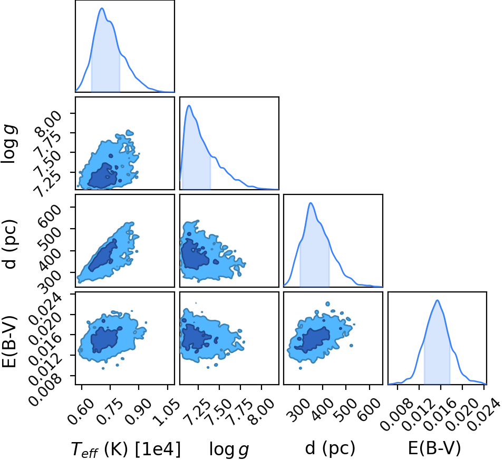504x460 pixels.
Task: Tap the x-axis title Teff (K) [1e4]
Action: click(x=125, y=448)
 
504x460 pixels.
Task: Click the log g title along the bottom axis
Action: click(x=229, y=449)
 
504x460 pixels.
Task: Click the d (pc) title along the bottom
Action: click(x=330, y=447)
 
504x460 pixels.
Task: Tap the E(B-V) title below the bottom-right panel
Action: click(x=434, y=447)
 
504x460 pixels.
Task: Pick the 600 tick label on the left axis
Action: click(x=52, y=213)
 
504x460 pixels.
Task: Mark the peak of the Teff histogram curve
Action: click(x=102, y=8)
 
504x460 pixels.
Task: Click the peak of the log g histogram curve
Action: click(x=189, y=105)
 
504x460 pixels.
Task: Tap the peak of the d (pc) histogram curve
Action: click(x=311, y=203)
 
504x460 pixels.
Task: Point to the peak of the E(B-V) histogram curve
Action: click(x=437, y=300)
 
